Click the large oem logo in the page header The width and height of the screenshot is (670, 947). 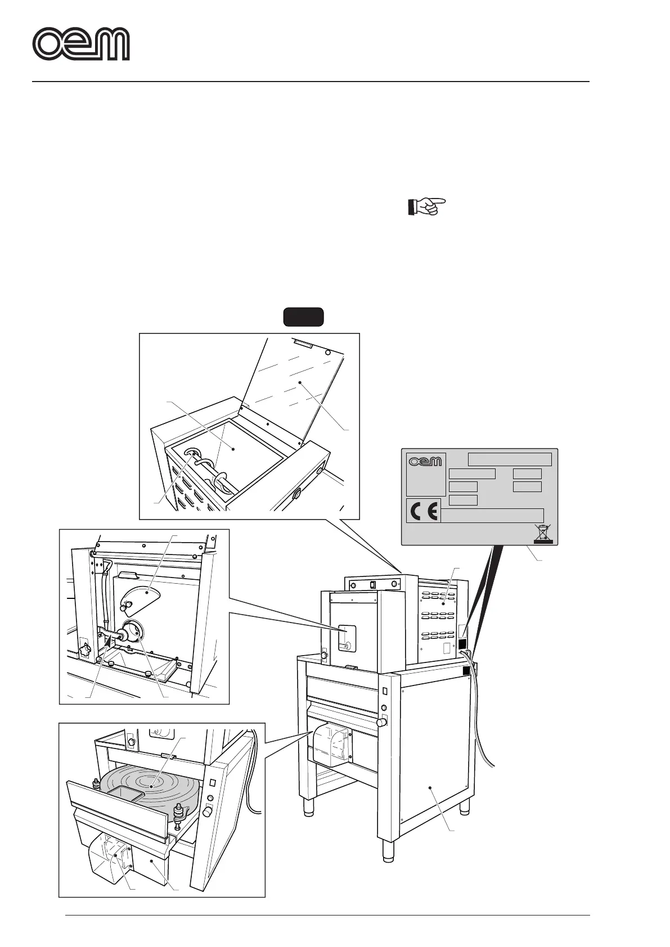81,44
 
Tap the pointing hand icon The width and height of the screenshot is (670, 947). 425,206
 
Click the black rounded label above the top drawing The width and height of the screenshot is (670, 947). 303,317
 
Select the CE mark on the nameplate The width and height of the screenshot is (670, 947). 424,511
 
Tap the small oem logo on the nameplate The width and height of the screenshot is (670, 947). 425,462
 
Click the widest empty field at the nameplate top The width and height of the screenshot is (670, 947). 510,459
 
